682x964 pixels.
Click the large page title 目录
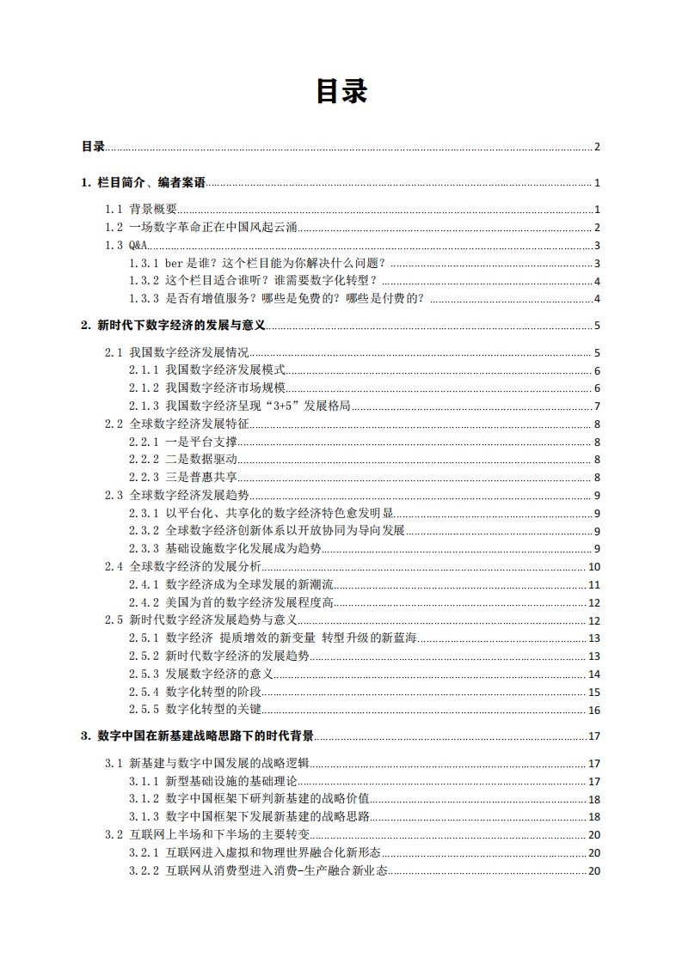(x=341, y=91)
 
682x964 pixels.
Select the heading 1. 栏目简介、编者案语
(x=144, y=183)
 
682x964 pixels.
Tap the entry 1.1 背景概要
(x=141, y=210)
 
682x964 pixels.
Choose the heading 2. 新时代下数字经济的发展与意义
(x=173, y=326)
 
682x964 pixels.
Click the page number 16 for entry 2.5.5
(x=593, y=711)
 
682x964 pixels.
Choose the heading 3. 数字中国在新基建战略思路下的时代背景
(x=197, y=736)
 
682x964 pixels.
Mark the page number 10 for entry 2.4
(x=593, y=567)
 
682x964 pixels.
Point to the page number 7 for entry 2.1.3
(x=596, y=406)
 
